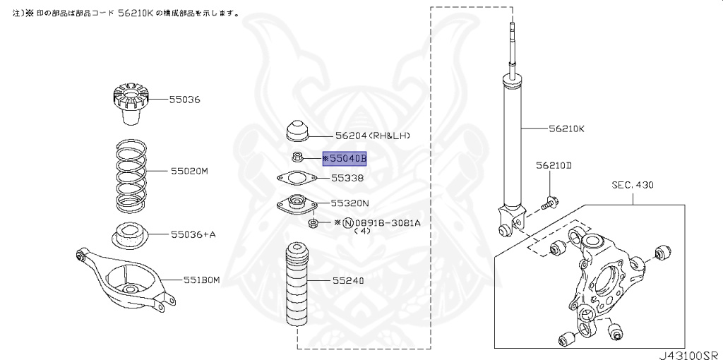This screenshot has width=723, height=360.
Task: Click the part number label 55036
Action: click(x=184, y=100)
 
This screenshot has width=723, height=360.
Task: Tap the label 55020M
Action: click(x=189, y=171)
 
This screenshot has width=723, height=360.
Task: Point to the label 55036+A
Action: click(x=193, y=234)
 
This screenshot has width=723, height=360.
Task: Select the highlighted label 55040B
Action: click(x=345, y=159)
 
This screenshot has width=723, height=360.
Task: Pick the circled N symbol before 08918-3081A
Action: click(x=347, y=222)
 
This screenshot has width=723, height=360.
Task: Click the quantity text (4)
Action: click(x=362, y=231)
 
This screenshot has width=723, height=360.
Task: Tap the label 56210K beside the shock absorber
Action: click(x=566, y=129)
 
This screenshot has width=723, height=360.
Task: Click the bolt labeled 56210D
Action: click(x=549, y=205)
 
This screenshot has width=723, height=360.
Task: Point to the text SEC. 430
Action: click(x=633, y=186)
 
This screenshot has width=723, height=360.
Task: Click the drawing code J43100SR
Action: click(x=688, y=354)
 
